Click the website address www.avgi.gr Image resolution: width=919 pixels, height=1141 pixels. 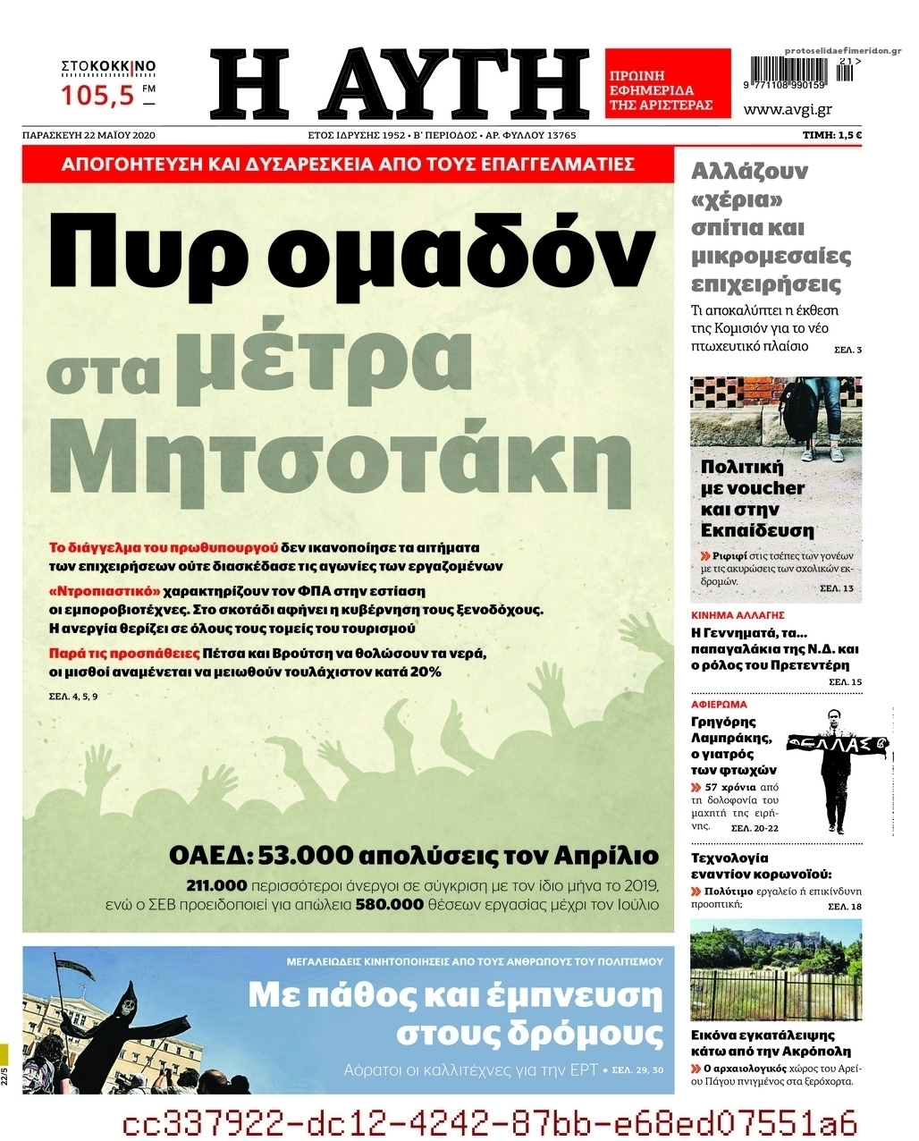pyautogui.click(x=788, y=109)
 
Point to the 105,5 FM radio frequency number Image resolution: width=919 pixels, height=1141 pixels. pyautogui.click(x=97, y=93)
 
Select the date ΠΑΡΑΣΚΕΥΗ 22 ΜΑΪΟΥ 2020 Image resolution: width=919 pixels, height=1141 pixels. pyautogui.click(x=89, y=135)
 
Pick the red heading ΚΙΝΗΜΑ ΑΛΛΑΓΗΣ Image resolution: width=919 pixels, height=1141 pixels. pyautogui.click(x=738, y=615)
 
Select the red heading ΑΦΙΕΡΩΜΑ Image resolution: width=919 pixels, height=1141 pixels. pyautogui.click(x=719, y=704)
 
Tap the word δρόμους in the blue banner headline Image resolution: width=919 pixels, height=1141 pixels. pyautogui.click(x=529, y=1034)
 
